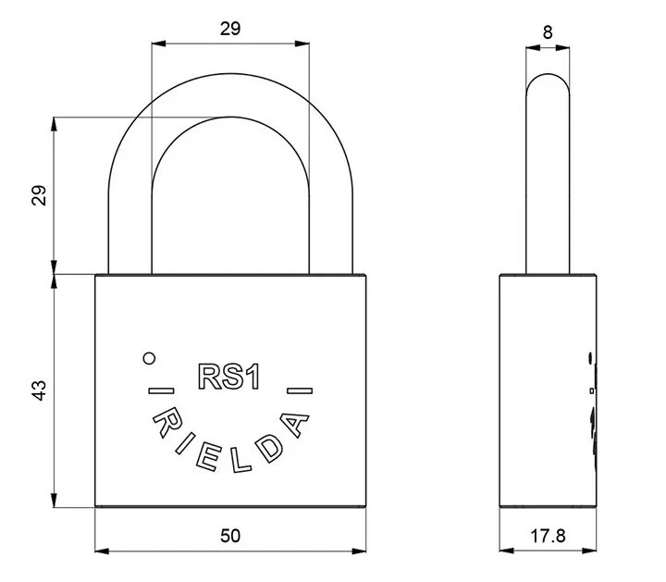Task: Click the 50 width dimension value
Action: (230, 536)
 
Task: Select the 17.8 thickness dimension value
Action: (548, 536)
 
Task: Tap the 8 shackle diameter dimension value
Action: (548, 32)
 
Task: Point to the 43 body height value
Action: (39, 390)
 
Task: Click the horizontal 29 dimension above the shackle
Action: (230, 29)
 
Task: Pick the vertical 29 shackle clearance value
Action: (39, 195)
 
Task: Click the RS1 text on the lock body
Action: (229, 377)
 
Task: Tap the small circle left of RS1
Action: (149, 359)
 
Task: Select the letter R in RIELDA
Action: (166, 424)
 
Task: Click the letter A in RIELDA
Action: (294, 425)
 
